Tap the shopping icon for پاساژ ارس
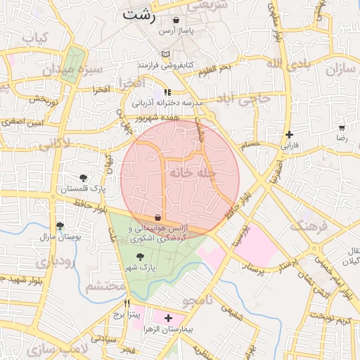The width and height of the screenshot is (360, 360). click(x=175, y=20)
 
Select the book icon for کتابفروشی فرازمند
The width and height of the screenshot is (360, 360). click(x=165, y=53)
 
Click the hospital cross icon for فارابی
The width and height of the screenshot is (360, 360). click(x=289, y=134)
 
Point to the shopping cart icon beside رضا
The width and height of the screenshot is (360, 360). click(x=342, y=129)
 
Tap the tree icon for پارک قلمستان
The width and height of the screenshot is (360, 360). click(x=84, y=177)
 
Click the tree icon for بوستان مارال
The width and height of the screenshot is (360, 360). click(x=60, y=226)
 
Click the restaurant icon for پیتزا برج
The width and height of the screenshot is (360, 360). click(x=127, y=303)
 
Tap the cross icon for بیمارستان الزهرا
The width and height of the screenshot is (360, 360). click(x=167, y=318)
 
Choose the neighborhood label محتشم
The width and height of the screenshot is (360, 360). click(x=105, y=287)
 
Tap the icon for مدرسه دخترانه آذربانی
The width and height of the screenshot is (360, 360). click(x=167, y=92)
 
